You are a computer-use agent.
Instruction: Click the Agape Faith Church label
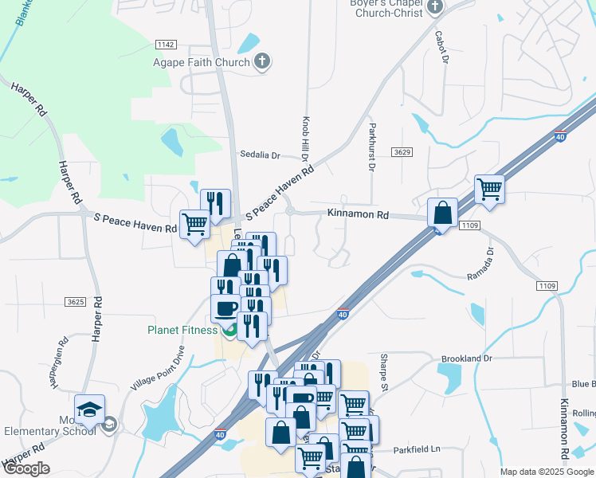coord(202,62)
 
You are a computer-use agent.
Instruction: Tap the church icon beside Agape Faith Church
coord(262,61)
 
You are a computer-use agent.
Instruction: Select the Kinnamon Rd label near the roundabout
coord(358,214)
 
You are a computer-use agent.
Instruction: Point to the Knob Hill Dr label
coord(304,138)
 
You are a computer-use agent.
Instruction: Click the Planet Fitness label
coord(182,330)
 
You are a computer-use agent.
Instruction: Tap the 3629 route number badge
coord(402,151)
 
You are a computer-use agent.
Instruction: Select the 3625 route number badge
coord(76,302)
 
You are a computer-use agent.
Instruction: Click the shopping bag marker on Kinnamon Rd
coord(441,214)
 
